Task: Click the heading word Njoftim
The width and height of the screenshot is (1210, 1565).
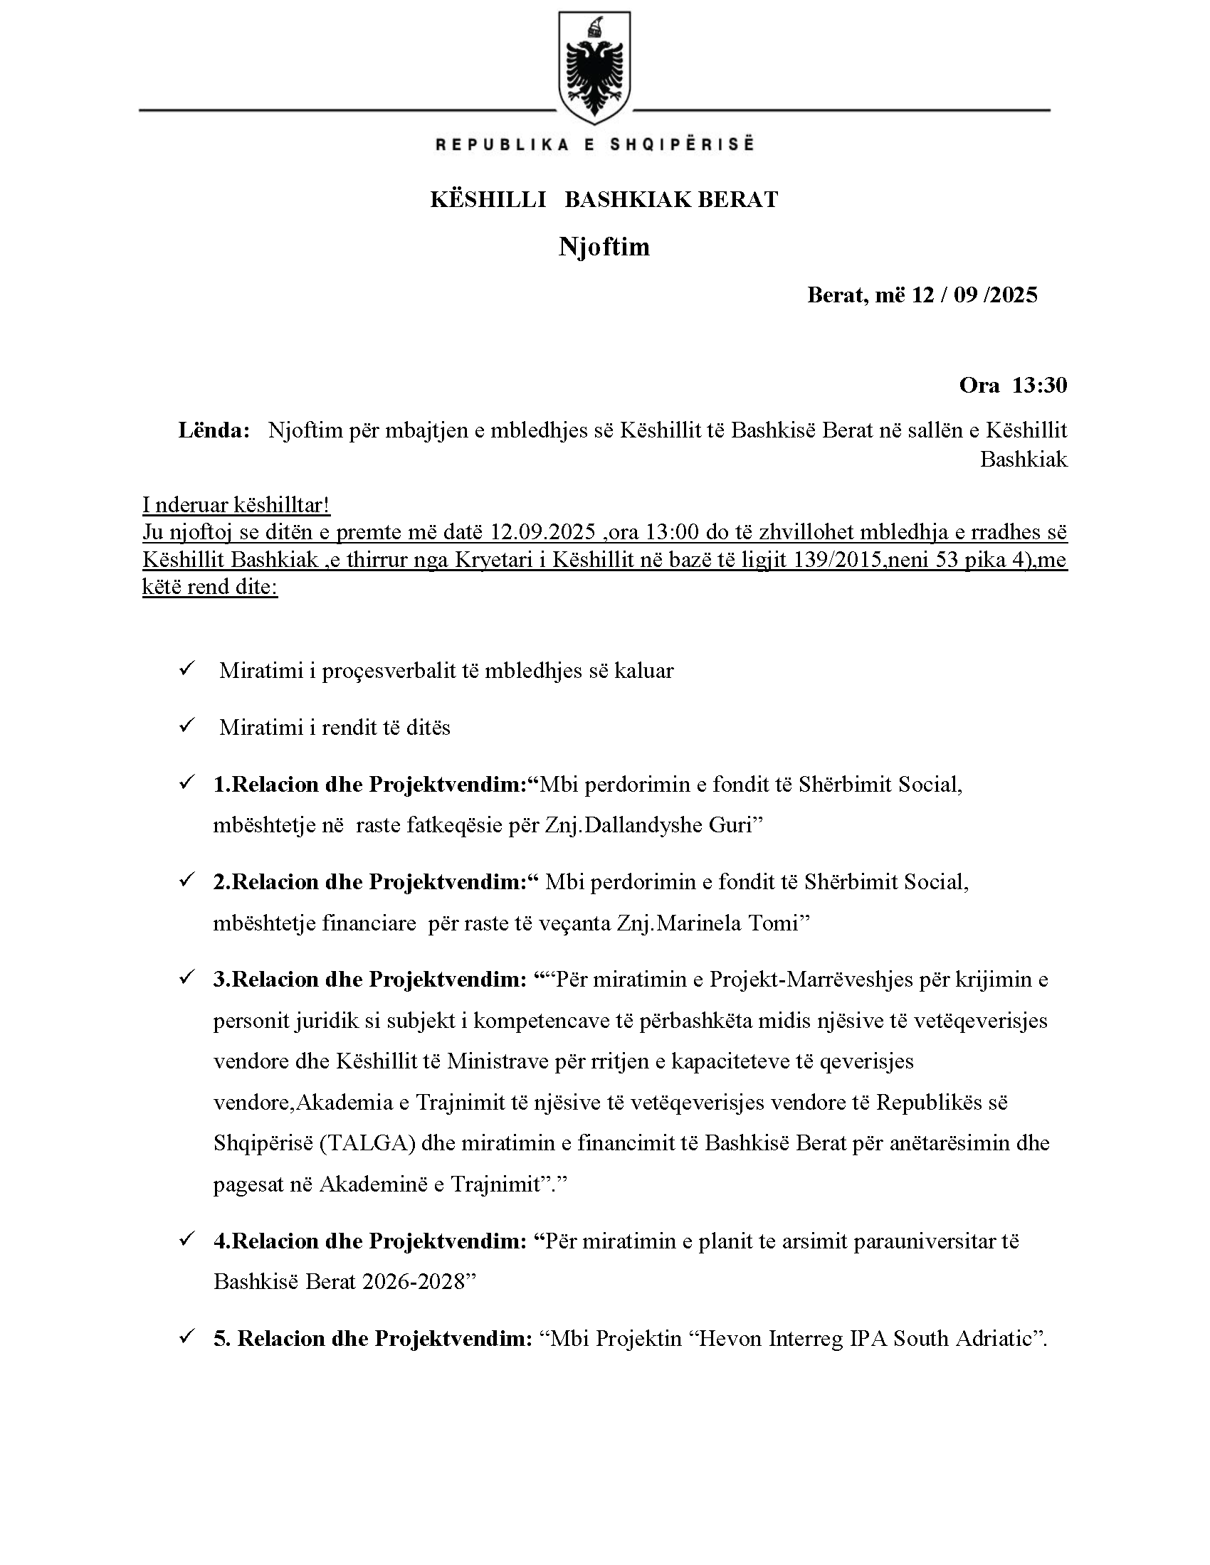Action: pos(604,247)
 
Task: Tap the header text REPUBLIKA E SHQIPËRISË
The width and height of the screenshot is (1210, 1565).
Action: pos(594,144)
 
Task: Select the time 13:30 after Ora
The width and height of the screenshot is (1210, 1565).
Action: pos(1039,386)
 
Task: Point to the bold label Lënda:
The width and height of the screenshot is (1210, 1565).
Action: pos(214,430)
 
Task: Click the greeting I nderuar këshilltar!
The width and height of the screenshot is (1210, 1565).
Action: pos(236,505)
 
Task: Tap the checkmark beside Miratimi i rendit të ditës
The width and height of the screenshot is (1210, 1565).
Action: pos(186,726)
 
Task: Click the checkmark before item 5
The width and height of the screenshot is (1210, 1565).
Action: pos(186,1337)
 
